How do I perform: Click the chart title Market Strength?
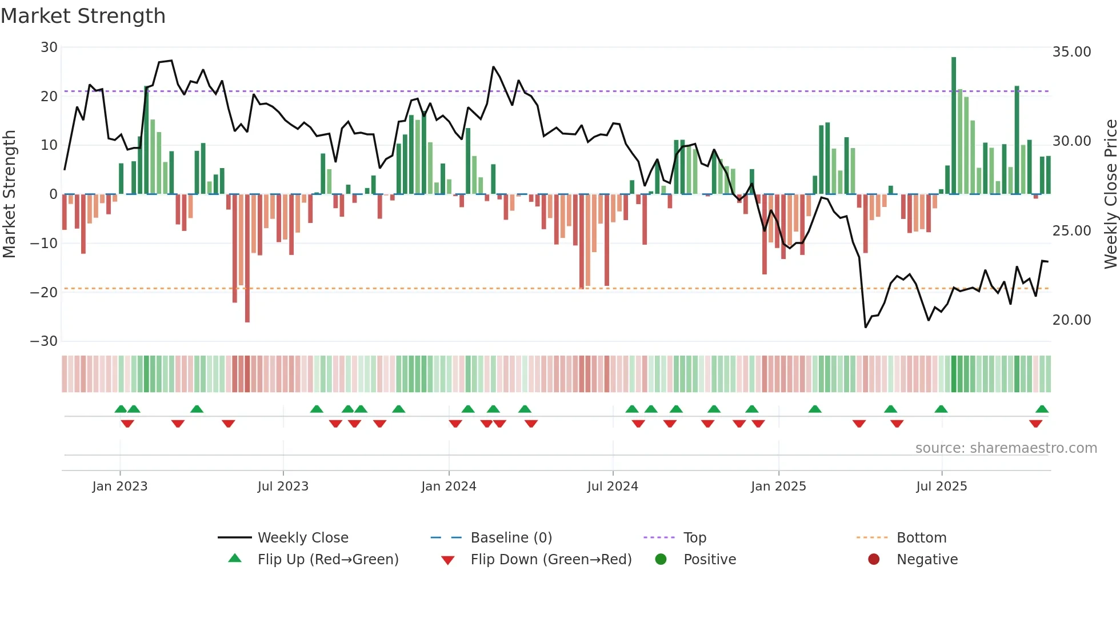(83, 16)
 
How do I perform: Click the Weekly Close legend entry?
(302, 537)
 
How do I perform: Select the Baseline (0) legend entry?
(511, 537)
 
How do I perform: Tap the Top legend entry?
(694, 537)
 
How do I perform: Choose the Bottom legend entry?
(921, 537)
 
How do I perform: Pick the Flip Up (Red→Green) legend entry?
(327, 559)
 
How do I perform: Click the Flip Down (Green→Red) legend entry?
(551, 559)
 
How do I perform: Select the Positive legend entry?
(709, 559)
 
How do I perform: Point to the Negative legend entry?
(927, 559)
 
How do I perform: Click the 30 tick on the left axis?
(49, 47)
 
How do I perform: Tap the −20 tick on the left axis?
(44, 292)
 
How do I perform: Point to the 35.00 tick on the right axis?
(1071, 52)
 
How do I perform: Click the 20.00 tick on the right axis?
(1071, 320)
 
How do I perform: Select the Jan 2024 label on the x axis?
(449, 487)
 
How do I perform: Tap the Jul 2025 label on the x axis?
(941, 487)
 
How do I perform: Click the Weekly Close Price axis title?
(1110, 194)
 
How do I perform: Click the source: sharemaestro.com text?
(1006, 448)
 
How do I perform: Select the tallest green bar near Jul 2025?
(954, 126)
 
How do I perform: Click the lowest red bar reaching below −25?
(247, 257)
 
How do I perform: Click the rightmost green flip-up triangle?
(1042, 409)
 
